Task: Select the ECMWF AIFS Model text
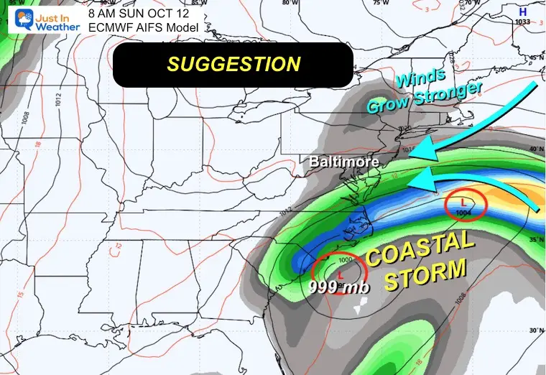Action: (136, 28)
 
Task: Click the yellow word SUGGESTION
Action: (233, 64)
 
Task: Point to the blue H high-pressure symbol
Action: (522, 11)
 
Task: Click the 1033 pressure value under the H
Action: (522, 23)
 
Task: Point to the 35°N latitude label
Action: (534, 239)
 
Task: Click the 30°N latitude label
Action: (534, 330)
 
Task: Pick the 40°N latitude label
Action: (534, 148)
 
